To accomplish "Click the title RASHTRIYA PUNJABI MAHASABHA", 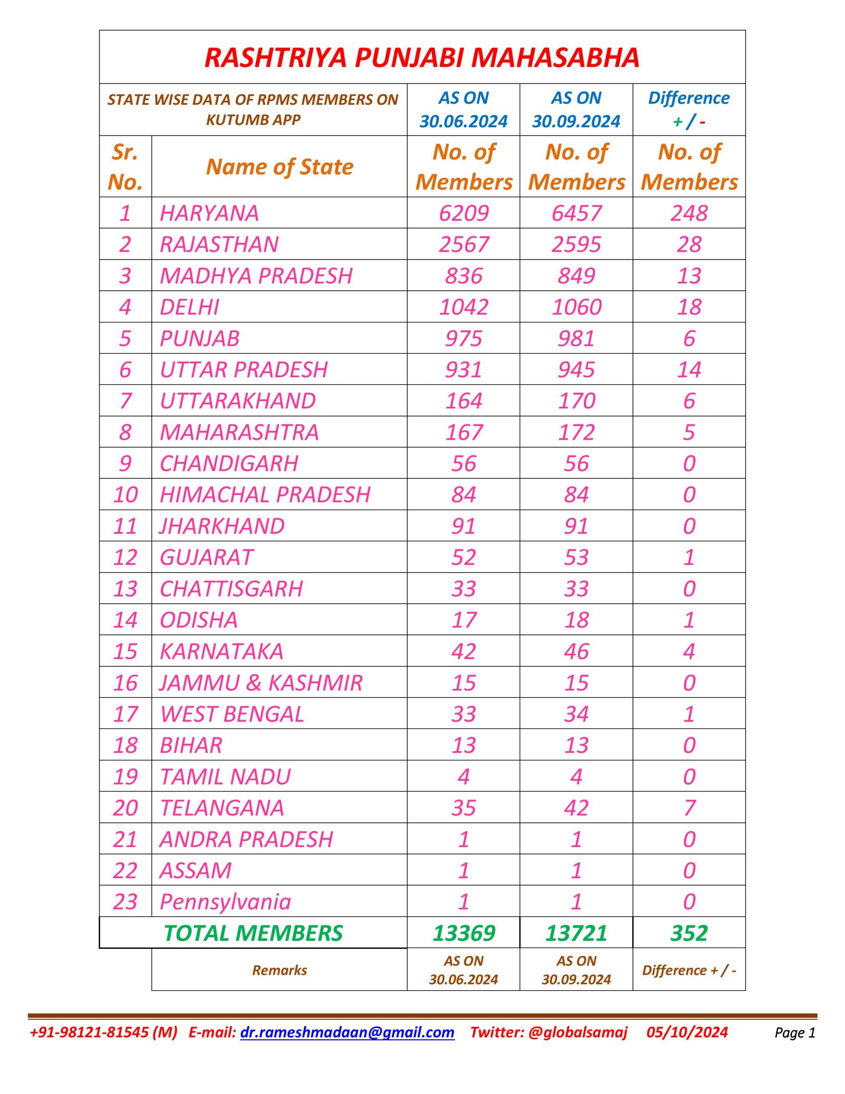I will [422, 57].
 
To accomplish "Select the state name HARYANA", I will [209, 213].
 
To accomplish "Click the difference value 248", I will [689, 213].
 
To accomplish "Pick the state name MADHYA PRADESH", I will [256, 276].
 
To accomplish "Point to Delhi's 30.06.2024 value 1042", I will [464, 306].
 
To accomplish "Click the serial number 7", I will [125, 401].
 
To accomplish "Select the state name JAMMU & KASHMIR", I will [261, 683].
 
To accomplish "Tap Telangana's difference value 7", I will [689, 808].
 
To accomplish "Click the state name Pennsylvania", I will [225, 902].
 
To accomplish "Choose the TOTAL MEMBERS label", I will [253, 933].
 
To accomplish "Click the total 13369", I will [464, 933].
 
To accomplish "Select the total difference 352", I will [689, 933].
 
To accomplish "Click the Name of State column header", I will [279, 166].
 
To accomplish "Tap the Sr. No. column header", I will [125, 166].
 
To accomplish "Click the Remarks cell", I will [279, 970].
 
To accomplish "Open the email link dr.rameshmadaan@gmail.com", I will [347, 1032].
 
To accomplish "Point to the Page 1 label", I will [795, 1032].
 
